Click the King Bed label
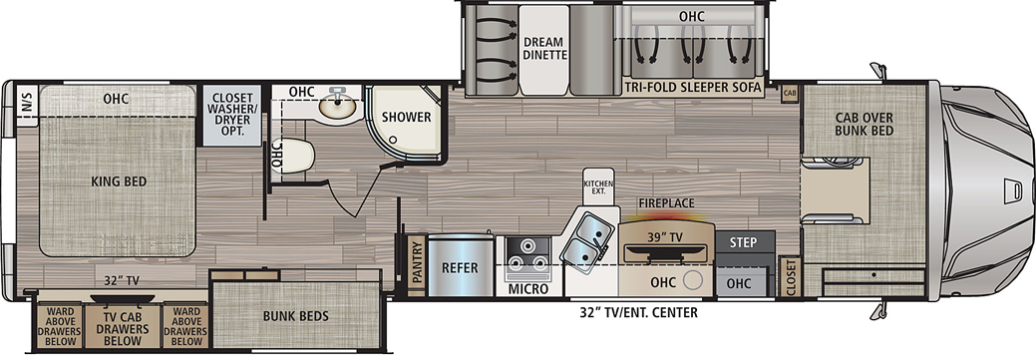point(119,181)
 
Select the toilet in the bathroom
point(299,156)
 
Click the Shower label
point(407,118)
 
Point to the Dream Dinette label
point(545,48)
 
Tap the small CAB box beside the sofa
point(789,93)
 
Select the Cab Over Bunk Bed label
point(863,125)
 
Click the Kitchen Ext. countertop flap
point(598,185)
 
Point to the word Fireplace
point(666,203)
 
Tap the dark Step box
point(745,241)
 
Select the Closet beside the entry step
point(789,276)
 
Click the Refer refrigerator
point(461,267)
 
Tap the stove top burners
point(527,253)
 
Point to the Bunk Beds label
point(295,316)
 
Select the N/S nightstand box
point(27,106)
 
